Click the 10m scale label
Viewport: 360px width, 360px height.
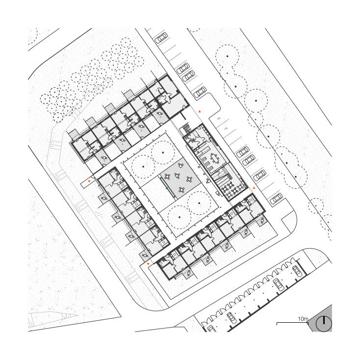coord(303,319)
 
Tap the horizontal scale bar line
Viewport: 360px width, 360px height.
coord(292,323)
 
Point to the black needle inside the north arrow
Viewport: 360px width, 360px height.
coord(324,320)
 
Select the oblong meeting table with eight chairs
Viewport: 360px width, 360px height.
coord(215,158)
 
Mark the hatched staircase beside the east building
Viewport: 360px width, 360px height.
coord(186,128)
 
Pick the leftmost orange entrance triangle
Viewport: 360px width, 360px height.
coord(89,181)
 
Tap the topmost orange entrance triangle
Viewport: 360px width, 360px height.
coord(200,111)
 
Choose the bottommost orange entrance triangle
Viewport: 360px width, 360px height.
coord(148,264)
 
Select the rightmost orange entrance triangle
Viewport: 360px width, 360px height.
coord(254,188)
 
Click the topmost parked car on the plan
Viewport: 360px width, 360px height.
coord(161,38)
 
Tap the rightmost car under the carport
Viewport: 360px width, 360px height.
coord(297,271)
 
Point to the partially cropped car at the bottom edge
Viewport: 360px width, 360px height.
coord(211,329)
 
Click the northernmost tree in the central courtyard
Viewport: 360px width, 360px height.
coord(163,152)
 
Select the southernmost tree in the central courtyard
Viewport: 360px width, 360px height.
coord(180,217)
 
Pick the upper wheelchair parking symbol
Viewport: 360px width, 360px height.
coord(218,118)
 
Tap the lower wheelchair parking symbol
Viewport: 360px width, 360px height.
coord(226,129)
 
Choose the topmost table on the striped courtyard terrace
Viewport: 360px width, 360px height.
coord(180,165)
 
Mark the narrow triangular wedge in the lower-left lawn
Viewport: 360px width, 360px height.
coord(53,318)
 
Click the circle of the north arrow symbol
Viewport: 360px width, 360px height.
coord(324,324)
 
